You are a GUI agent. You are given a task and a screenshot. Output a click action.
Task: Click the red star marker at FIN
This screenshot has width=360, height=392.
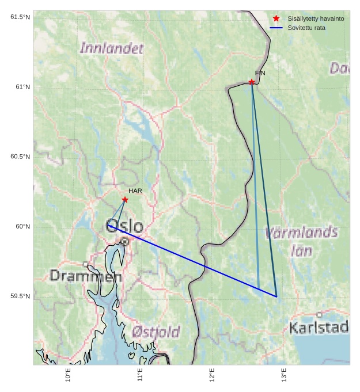coord(252,82)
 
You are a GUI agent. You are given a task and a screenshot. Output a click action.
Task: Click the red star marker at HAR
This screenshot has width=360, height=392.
coord(125,200)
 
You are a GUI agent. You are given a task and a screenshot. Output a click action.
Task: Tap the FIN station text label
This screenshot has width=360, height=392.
coord(260,73)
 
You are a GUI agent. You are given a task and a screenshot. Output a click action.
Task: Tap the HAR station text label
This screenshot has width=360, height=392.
coord(135,191)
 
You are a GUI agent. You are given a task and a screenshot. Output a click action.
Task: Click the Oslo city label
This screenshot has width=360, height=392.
coord(124,225)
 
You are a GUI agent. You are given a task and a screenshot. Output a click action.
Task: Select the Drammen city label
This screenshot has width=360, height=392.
coord(86,276)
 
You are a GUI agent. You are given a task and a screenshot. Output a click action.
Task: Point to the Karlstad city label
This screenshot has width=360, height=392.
coord(319,328)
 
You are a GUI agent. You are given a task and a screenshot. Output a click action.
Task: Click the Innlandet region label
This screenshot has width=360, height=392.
coord(112,48)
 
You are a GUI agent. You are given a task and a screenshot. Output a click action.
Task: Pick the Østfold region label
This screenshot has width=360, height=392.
coord(156,332)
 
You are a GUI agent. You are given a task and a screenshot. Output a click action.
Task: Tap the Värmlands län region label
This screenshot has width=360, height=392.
coord(301,241)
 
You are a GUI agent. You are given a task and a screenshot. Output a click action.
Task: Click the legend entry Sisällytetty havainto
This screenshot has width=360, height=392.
coord(316,18)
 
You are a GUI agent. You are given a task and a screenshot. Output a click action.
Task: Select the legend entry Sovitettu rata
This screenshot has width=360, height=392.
coord(306,28)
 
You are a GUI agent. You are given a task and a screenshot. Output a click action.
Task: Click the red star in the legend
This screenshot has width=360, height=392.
coord(276,18)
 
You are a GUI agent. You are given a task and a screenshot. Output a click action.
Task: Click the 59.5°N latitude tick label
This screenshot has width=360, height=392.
coord(20,296)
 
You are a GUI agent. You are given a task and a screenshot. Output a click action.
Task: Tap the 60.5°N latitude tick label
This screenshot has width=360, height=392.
coord(20,157)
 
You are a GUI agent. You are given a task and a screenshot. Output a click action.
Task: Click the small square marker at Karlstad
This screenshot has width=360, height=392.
coord(319,315)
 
